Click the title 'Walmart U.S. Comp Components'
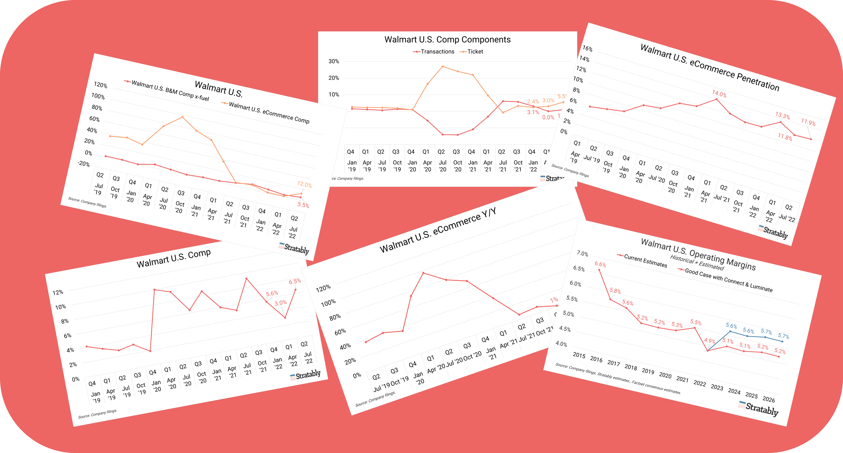(447, 40)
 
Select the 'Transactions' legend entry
(437, 52)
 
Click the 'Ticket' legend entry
(475, 52)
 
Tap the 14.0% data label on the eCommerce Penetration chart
(719, 94)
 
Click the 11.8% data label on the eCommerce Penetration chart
(785, 137)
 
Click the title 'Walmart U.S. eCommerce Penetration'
(710, 67)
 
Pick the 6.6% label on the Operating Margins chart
(600, 264)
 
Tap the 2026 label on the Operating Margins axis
(768, 399)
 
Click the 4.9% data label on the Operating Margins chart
(710, 341)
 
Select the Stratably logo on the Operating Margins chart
(759, 408)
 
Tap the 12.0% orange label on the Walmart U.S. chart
(304, 185)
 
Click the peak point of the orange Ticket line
(442, 66)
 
